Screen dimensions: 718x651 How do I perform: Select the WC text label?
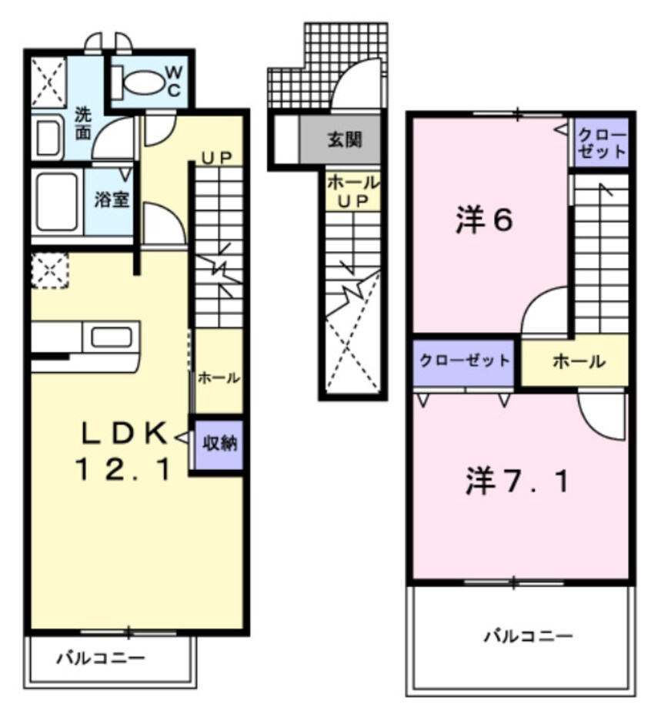tap(173, 81)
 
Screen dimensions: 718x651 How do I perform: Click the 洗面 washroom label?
tap(83, 123)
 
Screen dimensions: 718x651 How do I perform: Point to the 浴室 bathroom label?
tap(111, 200)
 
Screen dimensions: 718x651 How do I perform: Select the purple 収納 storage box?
tap(219, 444)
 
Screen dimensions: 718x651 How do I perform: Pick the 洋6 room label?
tap(482, 221)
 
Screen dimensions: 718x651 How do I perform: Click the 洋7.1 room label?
tap(517, 482)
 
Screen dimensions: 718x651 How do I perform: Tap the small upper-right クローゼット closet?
tap(602, 142)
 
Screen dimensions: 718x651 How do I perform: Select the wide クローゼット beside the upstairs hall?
tap(463, 361)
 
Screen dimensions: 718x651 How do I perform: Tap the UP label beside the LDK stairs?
tap(217, 157)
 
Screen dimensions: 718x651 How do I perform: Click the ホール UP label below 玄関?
tap(353, 191)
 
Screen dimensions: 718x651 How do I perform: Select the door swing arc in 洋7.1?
tap(600, 416)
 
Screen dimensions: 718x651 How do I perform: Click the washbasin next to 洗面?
tap(49, 139)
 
